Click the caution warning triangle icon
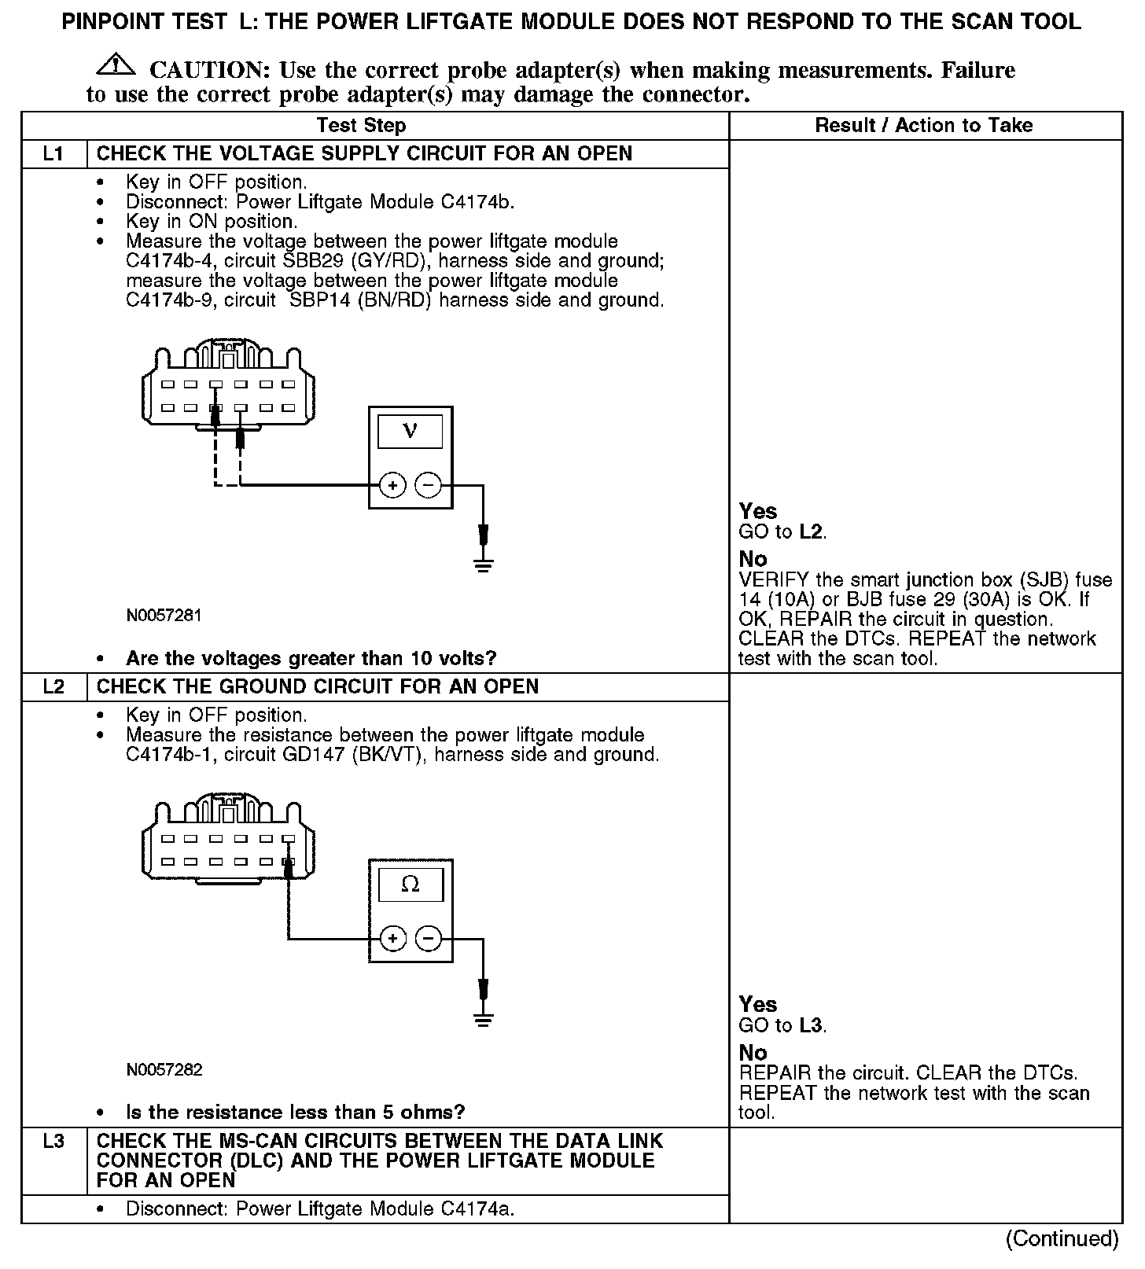pyautogui.click(x=115, y=65)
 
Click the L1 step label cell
pyautogui.click(x=53, y=153)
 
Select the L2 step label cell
pyautogui.click(x=53, y=686)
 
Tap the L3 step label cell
pyautogui.click(x=53, y=1142)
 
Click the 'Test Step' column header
pyautogui.click(x=361, y=126)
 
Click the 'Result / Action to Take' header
pyautogui.click(x=924, y=126)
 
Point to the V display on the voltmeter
pyautogui.click(x=410, y=431)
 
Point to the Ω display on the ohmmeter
pyautogui.click(x=410, y=885)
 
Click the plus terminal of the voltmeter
pyautogui.click(x=392, y=485)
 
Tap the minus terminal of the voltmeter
pyautogui.click(x=428, y=485)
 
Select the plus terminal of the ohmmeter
pyautogui.click(x=392, y=938)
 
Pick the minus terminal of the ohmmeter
pyautogui.click(x=428, y=938)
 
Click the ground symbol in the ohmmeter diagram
pyautogui.click(x=484, y=1020)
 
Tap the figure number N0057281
pyautogui.click(x=164, y=616)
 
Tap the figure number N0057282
pyautogui.click(x=164, y=1070)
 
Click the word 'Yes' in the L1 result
pyautogui.click(x=758, y=512)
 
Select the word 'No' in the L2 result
pyautogui.click(x=753, y=1053)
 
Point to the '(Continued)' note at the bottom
pyautogui.click(x=1062, y=1239)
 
